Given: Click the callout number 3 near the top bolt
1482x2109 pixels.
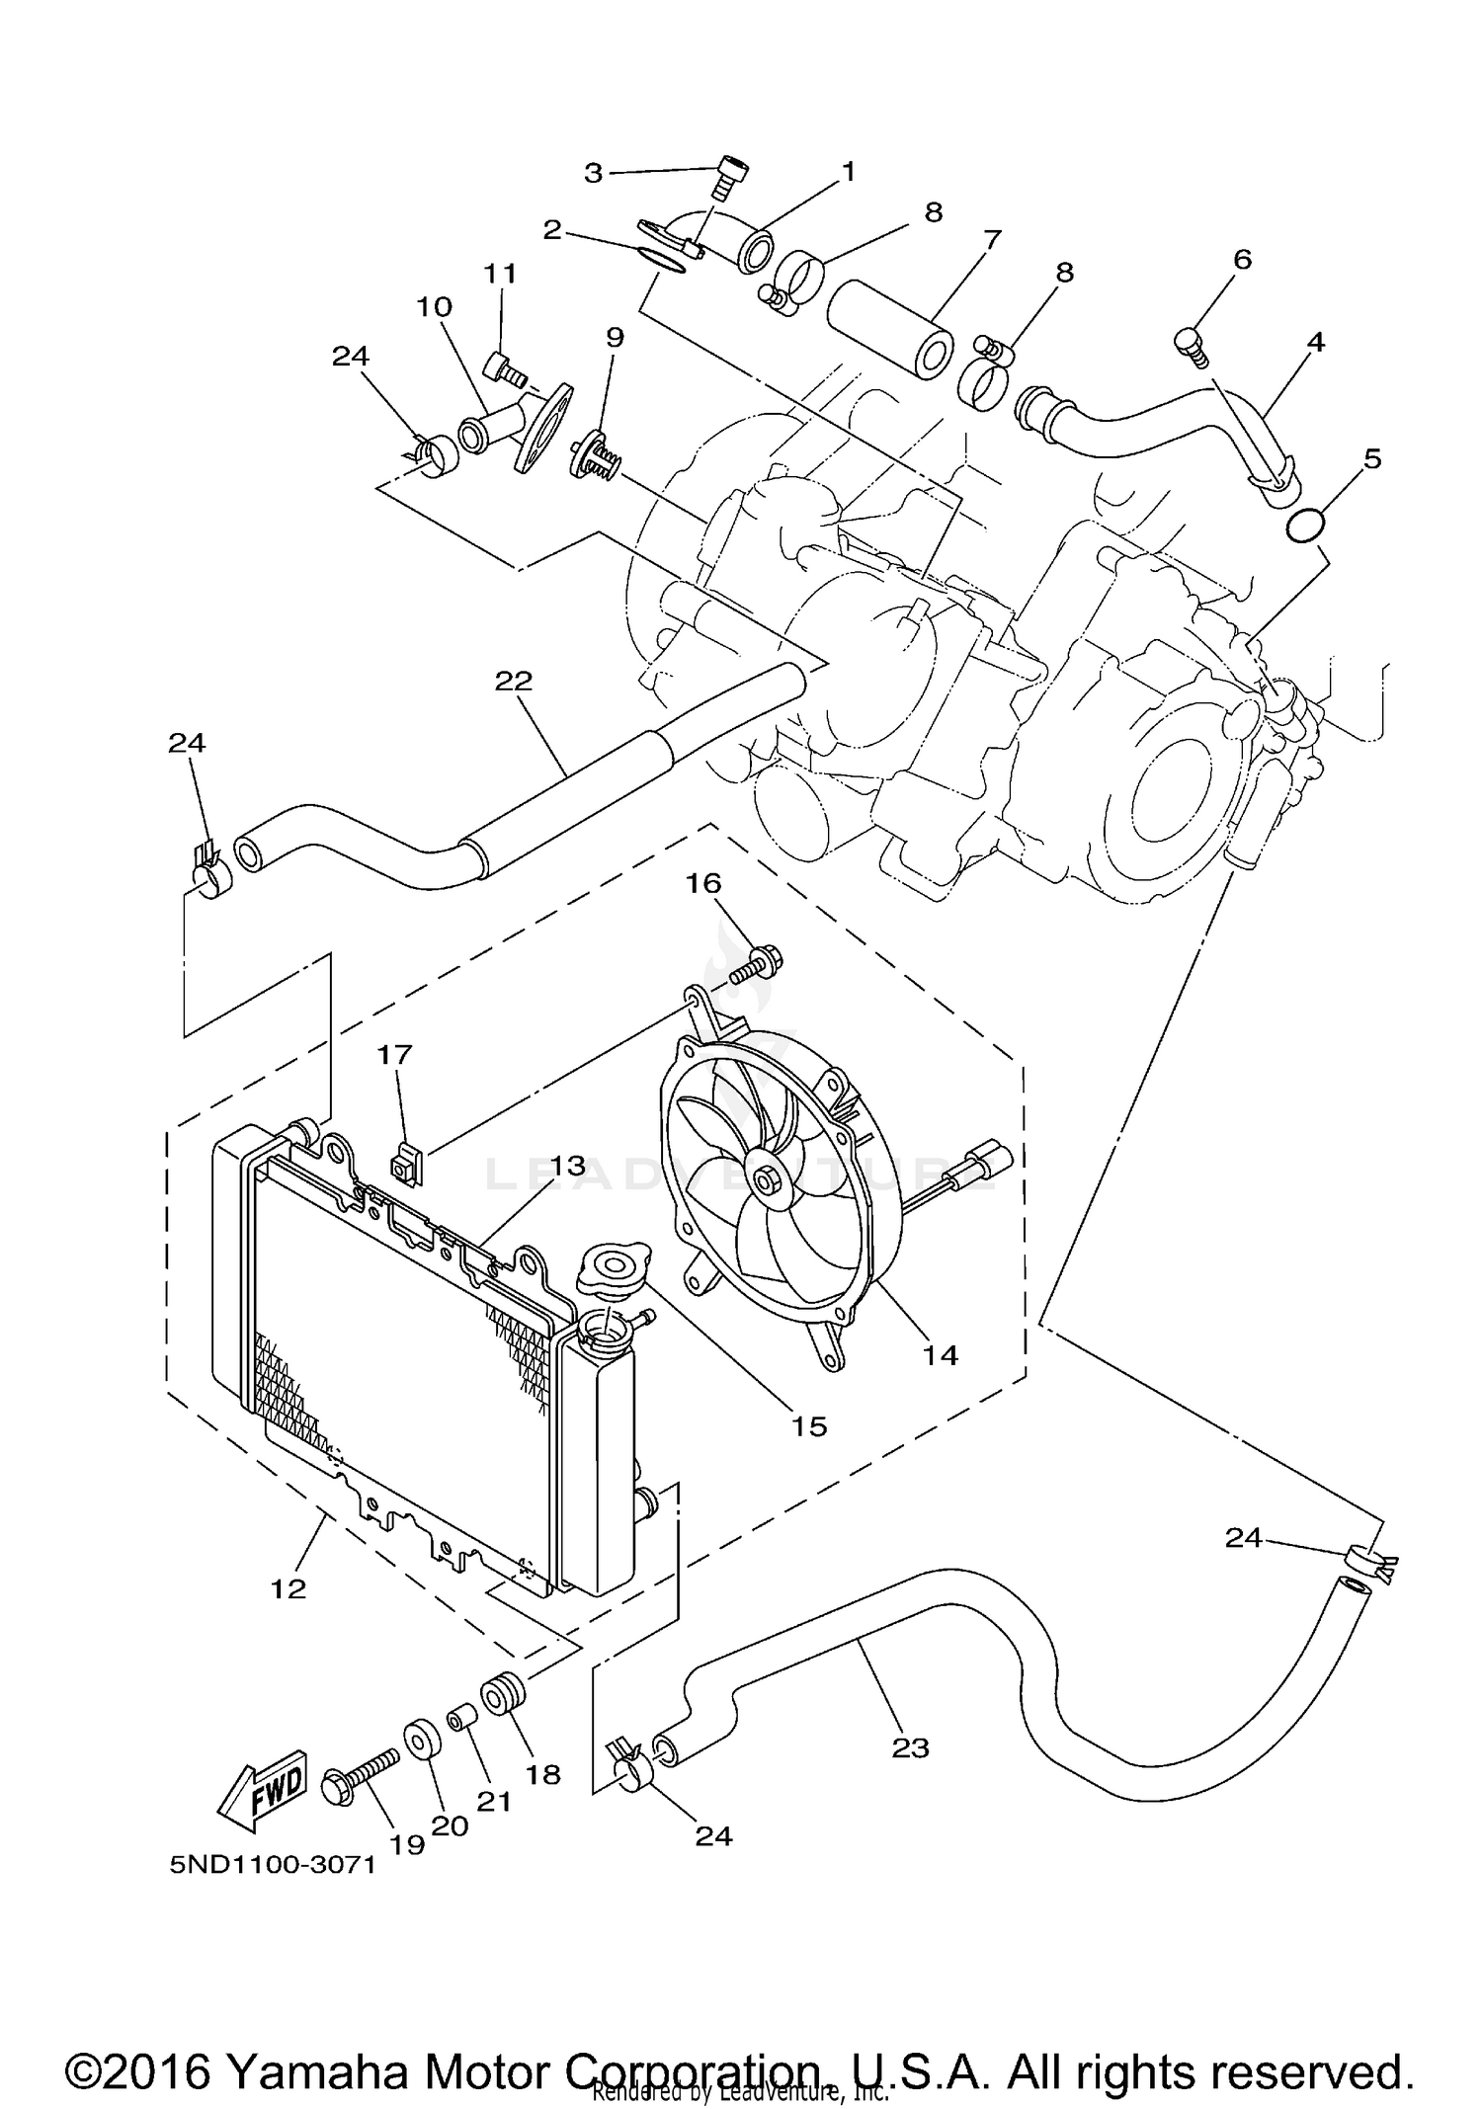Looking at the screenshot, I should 593,174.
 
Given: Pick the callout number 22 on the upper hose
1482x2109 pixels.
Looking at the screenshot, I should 514,681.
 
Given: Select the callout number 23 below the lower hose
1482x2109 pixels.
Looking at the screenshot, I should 910,1747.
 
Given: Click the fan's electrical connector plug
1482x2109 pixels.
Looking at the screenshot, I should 991,1156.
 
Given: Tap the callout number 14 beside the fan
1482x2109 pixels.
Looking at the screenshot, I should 941,1354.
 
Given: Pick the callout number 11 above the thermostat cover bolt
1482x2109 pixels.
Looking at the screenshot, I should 500,274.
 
